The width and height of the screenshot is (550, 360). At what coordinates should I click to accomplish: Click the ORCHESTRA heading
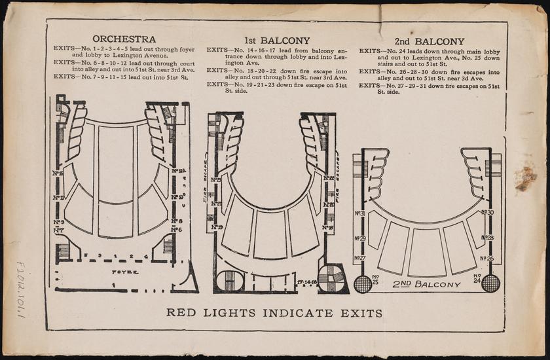pos(124,39)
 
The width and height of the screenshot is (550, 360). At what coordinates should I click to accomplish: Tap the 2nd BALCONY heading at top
pos(429,41)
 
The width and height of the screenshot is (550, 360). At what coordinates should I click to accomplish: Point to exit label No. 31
pos(359,213)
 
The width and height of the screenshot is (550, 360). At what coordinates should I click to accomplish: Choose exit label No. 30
pos(487,212)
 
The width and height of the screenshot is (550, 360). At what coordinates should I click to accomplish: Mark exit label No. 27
pos(359,259)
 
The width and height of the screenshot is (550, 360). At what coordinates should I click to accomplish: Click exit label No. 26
pos(487,259)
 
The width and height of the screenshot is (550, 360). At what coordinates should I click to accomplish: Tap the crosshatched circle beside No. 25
pos(363,283)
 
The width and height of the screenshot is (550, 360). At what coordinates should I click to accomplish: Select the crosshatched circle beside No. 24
pos(490,283)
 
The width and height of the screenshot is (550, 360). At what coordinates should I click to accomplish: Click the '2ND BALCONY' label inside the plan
pos(426,284)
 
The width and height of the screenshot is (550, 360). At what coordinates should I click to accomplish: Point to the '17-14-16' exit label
pos(306,282)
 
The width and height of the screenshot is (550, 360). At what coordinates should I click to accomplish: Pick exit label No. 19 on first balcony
pos(216,227)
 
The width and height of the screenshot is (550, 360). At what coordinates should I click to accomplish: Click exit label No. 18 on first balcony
pos(328,227)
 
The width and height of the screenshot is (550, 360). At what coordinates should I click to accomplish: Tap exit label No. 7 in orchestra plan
pos(58,230)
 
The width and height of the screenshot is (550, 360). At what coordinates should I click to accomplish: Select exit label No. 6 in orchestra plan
pos(176,230)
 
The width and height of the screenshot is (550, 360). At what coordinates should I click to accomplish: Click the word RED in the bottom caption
pos(179,313)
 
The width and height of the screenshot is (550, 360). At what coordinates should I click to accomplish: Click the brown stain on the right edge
pos(525,178)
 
